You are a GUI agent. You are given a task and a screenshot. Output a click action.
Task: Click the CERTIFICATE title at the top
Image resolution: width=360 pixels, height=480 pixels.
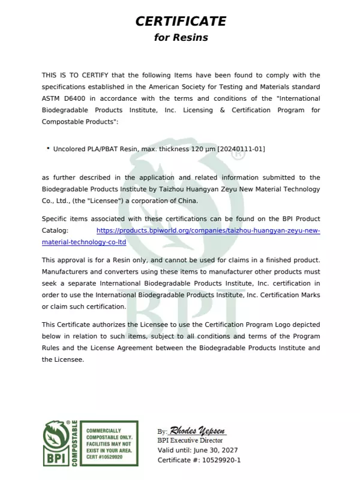[181, 22]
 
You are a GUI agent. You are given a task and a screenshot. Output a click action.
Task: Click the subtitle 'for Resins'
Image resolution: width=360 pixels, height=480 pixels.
[181, 37]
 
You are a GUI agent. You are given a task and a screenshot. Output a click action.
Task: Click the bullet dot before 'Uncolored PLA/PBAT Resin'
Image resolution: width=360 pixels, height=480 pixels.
[48, 148]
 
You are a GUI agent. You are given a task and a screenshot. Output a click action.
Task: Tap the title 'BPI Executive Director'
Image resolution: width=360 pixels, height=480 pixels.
[191, 440]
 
